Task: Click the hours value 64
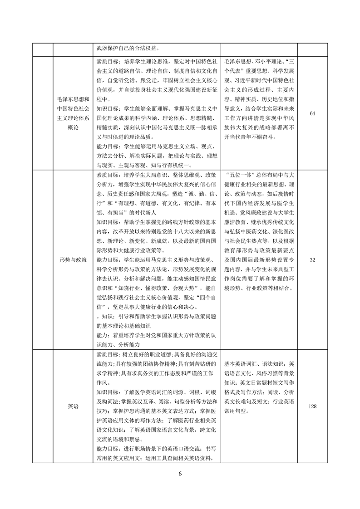[312, 113]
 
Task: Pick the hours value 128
[312, 406]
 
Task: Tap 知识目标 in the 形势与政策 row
[108, 223]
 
